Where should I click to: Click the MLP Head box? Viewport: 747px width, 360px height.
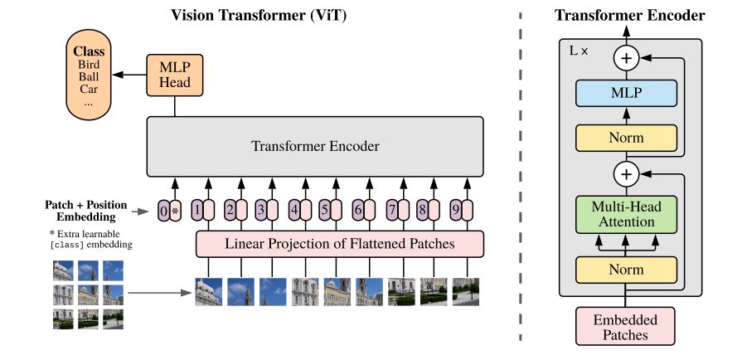[x=175, y=75]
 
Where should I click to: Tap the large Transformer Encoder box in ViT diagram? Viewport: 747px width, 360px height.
[x=315, y=147]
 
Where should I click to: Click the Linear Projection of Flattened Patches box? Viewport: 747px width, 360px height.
[x=340, y=244]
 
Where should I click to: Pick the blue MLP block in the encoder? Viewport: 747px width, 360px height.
[x=627, y=95]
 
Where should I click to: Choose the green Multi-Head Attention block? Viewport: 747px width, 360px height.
[x=627, y=214]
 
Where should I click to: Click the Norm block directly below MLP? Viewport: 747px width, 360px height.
[x=627, y=138]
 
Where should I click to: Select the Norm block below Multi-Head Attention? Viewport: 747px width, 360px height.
[x=627, y=270]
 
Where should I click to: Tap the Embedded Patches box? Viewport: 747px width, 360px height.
[x=627, y=328]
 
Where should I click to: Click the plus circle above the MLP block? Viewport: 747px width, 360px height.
[x=627, y=57]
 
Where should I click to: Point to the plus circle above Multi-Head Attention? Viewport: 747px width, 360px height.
[x=627, y=175]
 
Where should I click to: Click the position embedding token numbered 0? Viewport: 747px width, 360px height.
[x=164, y=211]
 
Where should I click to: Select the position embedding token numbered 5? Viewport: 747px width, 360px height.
[x=326, y=211]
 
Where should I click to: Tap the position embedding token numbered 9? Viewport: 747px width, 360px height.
[x=455, y=211]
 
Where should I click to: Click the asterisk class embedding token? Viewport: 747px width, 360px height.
[x=176, y=211]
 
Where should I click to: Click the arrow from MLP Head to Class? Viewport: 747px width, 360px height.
[x=128, y=75]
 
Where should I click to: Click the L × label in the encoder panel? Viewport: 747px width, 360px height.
[x=579, y=51]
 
